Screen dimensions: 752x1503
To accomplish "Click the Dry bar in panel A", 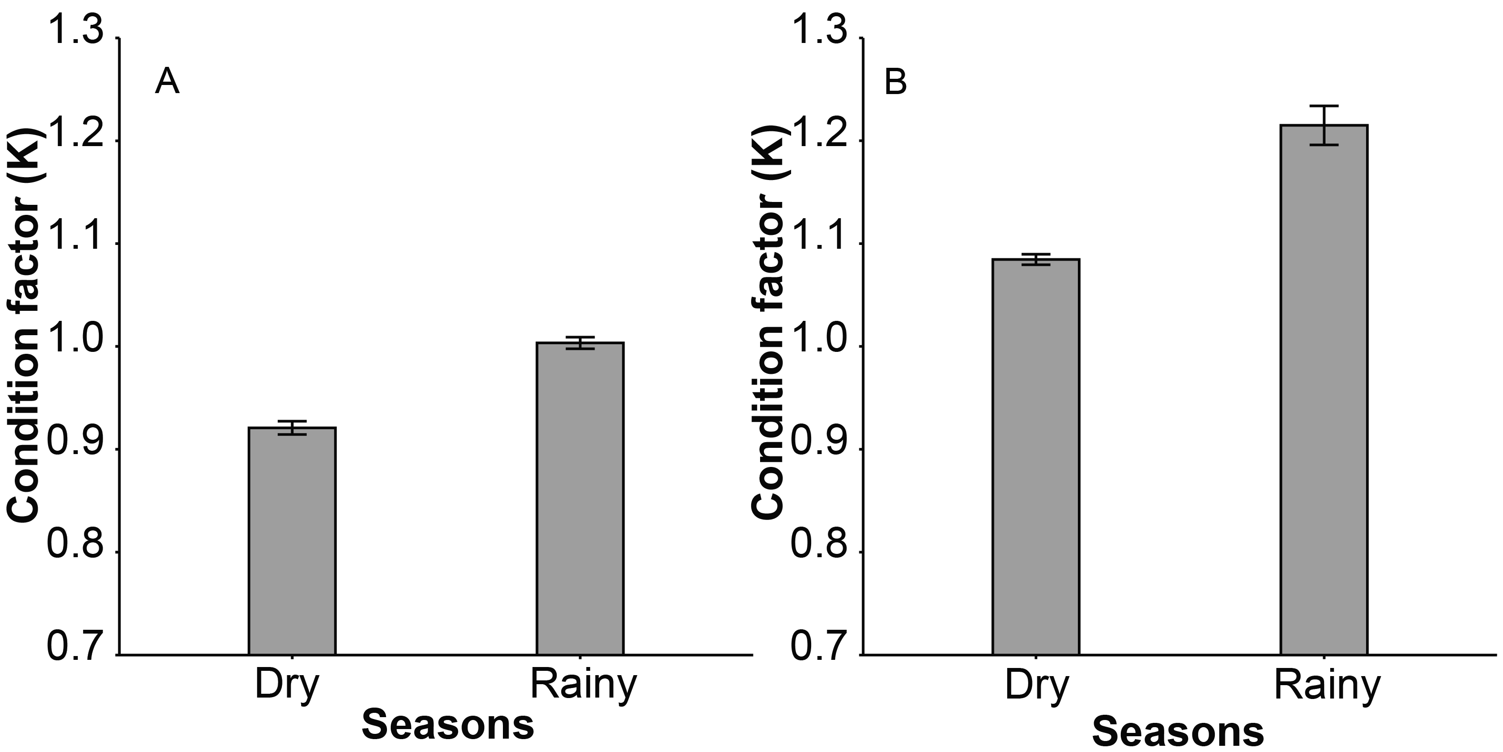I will click(x=292, y=540).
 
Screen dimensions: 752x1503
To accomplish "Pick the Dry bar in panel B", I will click(x=1036, y=456).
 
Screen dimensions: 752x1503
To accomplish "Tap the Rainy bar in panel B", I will click(x=1324, y=389).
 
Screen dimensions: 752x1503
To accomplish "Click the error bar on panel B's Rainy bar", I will click(x=1324, y=125).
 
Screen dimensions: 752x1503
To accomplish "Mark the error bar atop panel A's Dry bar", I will click(x=292, y=427).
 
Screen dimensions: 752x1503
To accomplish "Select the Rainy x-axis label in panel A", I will click(x=583, y=687).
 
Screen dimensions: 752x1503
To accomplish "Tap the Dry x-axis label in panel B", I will click(x=1037, y=687).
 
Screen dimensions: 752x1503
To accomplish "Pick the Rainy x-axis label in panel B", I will click(x=1327, y=687).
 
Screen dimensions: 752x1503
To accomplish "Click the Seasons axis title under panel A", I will click(x=448, y=725).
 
